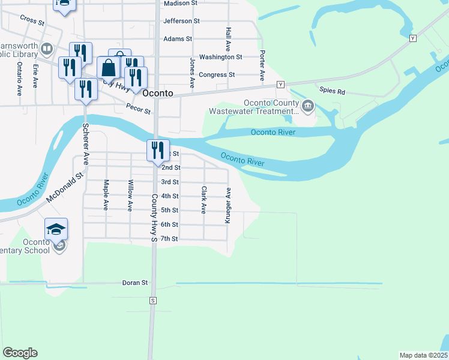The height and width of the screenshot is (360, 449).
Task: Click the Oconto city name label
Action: [x=159, y=94]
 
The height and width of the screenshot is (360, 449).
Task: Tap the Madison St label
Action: [x=181, y=3]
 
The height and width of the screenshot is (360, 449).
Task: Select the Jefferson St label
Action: [x=181, y=21]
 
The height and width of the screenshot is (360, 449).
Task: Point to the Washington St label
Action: [x=220, y=57]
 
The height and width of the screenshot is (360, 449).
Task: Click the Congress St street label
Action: [x=216, y=75]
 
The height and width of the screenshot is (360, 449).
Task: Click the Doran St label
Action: [x=135, y=283]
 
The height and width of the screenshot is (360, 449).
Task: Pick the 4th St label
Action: [x=170, y=196]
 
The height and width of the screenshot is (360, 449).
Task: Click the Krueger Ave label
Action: [x=228, y=205]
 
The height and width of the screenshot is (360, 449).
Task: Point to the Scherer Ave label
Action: [x=86, y=145]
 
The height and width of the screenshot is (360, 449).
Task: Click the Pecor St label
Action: [x=138, y=109]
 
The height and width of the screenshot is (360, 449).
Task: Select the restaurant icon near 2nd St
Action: [x=157, y=149]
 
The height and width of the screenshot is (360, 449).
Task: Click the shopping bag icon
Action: [x=109, y=68]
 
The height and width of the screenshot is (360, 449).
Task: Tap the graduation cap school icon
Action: [x=56, y=229]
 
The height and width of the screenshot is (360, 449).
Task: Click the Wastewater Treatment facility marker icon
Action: [x=308, y=106]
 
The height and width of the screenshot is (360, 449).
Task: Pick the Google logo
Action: [x=20, y=353]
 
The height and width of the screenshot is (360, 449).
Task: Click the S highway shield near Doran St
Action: [x=153, y=300]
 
